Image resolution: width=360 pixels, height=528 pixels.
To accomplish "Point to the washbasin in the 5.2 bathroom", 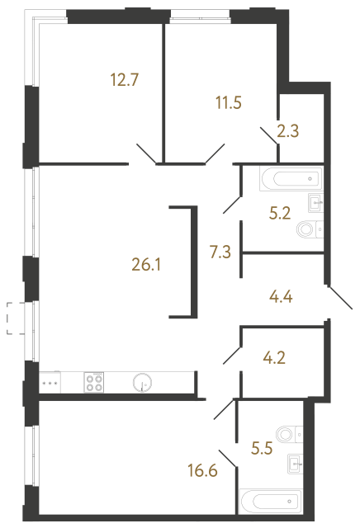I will point(315,201).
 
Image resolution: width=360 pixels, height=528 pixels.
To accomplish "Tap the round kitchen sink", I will point(142,382).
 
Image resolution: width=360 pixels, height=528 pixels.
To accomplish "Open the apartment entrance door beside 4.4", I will point(339,296).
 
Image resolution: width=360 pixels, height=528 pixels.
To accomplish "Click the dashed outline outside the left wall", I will point(13,318).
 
